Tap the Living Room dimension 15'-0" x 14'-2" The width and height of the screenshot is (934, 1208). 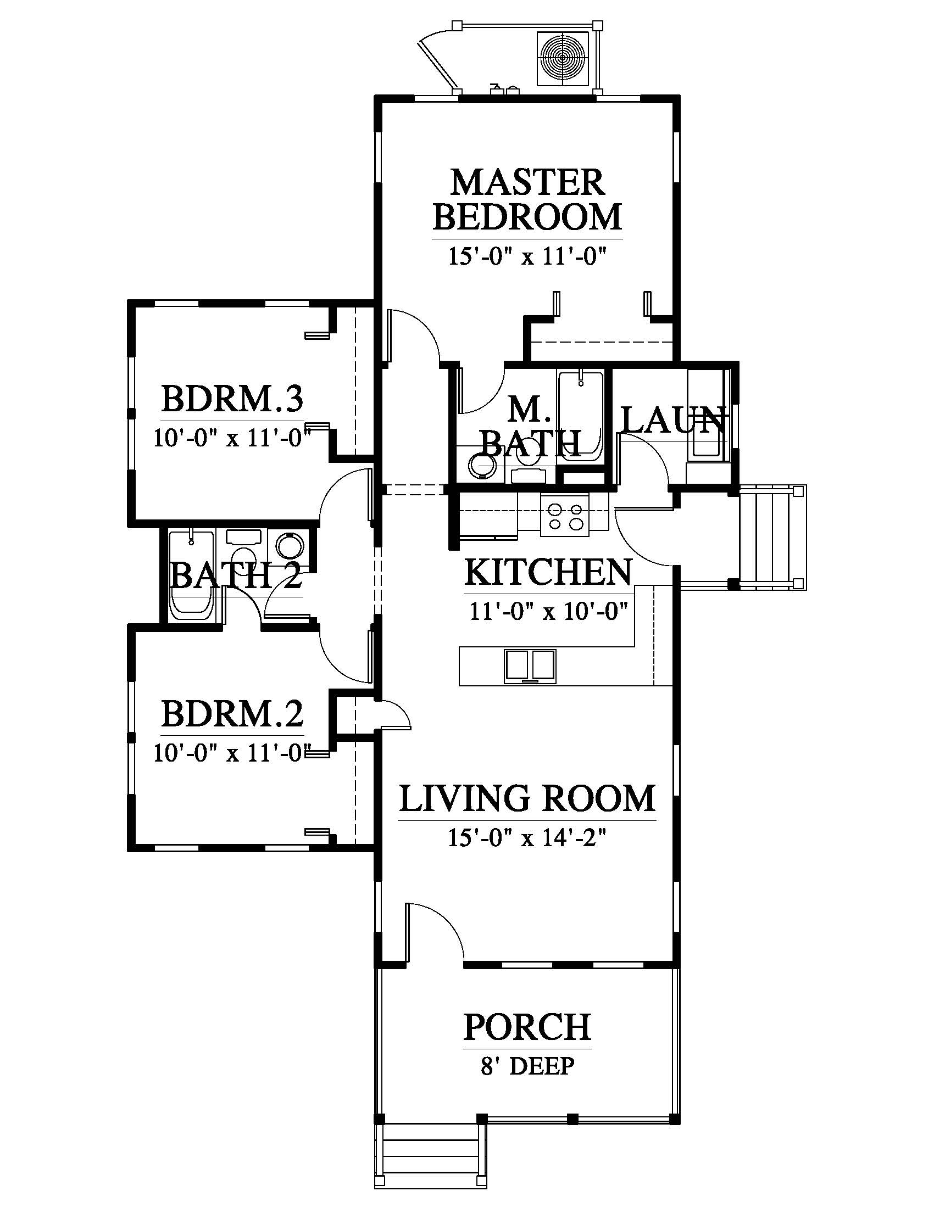[x=527, y=838]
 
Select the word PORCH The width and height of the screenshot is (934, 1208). [x=527, y=1027]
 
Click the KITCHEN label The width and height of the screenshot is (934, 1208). [x=548, y=572]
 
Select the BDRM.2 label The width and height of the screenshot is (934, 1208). [x=232, y=714]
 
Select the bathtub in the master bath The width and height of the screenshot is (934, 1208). [x=581, y=416]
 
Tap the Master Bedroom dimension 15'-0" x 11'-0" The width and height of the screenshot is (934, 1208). [x=527, y=257]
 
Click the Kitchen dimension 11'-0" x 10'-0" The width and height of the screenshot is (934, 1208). [x=548, y=612]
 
